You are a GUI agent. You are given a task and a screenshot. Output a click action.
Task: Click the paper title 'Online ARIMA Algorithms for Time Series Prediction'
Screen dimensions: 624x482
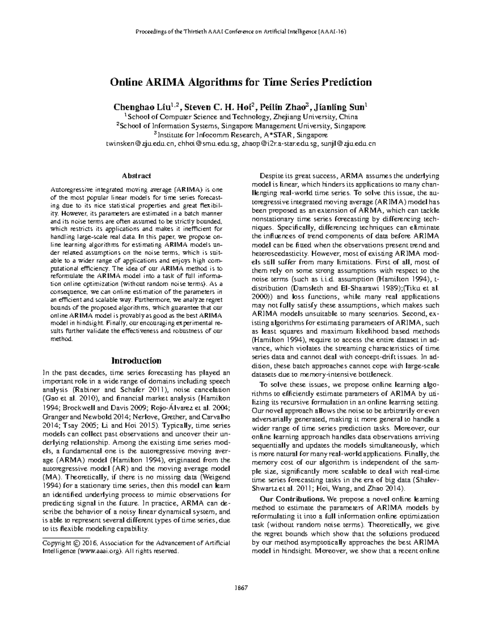click(241, 82)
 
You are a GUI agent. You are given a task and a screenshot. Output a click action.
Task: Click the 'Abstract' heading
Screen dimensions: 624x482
click(137, 176)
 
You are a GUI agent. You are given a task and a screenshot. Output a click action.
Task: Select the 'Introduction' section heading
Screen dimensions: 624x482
click(136, 360)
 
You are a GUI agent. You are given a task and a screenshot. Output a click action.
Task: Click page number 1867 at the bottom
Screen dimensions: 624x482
click(241, 588)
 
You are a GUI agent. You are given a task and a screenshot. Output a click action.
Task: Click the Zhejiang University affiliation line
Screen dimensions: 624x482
click(241, 117)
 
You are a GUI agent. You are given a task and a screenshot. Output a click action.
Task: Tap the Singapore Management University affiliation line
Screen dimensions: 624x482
click(241, 126)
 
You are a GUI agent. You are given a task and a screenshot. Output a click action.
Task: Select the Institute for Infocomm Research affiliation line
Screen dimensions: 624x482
click(241, 135)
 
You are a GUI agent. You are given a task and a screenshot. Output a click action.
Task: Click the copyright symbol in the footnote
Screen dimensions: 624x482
click(76, 543)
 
